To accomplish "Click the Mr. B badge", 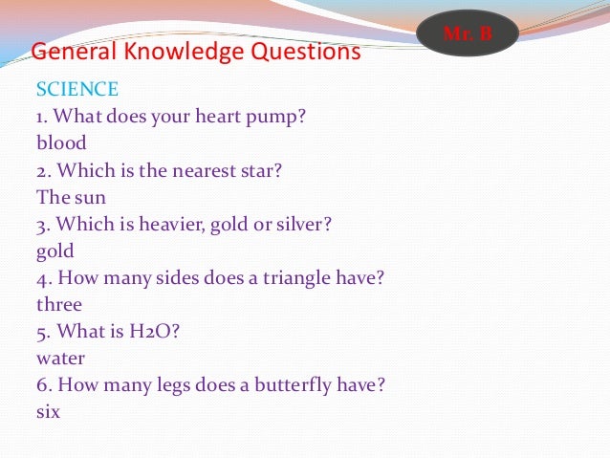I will [468, 35].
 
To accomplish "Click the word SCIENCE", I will [77, 90].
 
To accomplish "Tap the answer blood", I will [61, 143].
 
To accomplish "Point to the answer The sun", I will [71, 198].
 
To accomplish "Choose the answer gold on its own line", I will [54, 252].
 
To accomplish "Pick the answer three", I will [59, 305].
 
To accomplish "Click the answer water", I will [60, 359].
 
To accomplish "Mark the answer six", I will [48, 412].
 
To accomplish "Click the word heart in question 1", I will [220, 117].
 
